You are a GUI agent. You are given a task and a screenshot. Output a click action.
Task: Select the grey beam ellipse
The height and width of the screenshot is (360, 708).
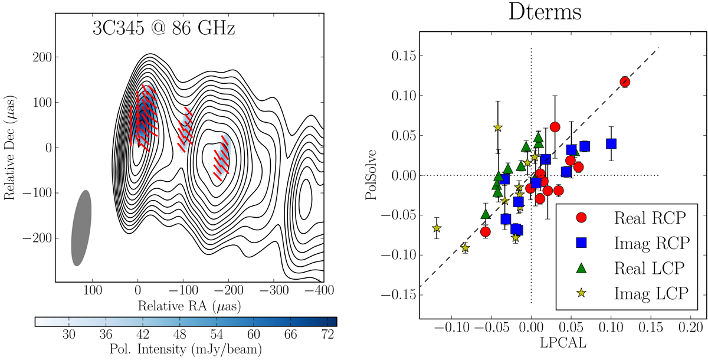[x=81, y=228]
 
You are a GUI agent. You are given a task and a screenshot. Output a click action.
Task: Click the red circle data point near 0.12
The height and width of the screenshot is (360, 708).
[x=625, y=81]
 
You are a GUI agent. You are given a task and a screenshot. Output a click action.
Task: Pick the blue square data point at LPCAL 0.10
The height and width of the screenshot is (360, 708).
[x=611, y=143]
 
